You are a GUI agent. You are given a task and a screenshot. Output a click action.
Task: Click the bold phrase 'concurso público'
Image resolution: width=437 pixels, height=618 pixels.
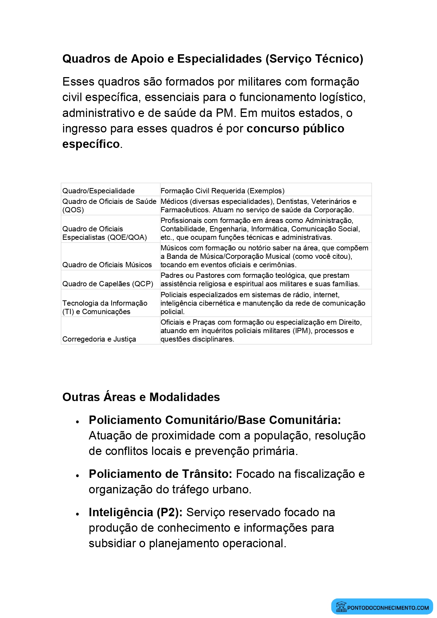[295, 129]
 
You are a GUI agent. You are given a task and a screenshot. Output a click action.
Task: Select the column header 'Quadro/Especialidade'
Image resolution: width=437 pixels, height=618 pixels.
[98, 191]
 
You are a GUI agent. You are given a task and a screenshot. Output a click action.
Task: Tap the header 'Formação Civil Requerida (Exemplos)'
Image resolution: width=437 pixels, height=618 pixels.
[222, 191]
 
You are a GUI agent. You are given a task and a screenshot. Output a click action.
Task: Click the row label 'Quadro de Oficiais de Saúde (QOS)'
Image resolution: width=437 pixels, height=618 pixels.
[109, 206]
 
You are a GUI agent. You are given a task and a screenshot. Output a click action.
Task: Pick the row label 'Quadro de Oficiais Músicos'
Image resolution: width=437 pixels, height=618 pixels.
[107, 265]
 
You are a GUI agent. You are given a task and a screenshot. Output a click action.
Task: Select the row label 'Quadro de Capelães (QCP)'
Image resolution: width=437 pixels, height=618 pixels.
[107, 284]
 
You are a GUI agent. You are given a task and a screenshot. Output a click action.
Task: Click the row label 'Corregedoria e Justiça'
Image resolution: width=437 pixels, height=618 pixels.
[99, 339]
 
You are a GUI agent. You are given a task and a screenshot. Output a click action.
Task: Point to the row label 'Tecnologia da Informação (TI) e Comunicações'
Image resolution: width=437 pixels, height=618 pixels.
[105, 307]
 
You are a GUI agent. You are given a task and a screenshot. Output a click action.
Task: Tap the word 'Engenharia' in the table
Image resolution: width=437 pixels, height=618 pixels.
[228, 229]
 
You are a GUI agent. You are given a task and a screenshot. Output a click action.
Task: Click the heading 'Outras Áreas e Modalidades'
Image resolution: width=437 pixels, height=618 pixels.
[141, 397]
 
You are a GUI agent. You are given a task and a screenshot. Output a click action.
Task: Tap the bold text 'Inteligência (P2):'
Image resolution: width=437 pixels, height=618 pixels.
[136, 512]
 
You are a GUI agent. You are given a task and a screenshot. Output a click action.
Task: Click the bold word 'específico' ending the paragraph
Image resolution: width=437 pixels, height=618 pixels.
[91, 144]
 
